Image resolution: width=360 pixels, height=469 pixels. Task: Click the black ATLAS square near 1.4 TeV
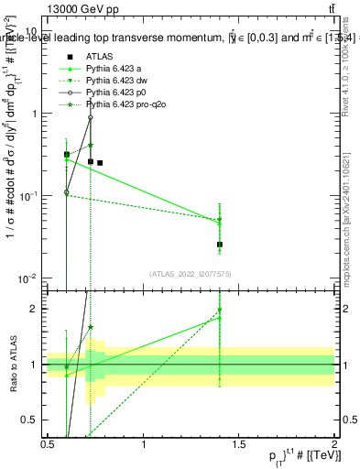[x=220, y=245]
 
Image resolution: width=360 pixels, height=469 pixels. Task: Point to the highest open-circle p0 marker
[x=91, y=117]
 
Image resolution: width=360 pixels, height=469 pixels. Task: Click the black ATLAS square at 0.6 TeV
[x=67, y=155]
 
